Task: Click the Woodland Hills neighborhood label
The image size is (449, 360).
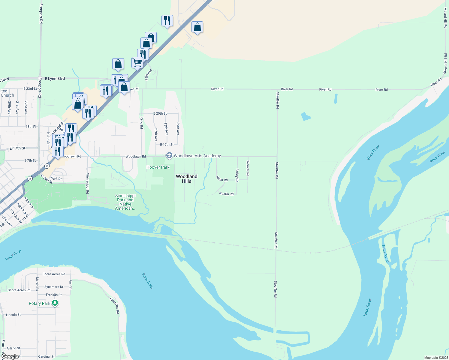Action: pyautogui.click(x=186, y=179)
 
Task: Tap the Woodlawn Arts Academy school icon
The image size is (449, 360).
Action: pyautogui.click(x=169, y=155)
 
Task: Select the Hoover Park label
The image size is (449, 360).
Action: pyautogui.click(x=158, y=167)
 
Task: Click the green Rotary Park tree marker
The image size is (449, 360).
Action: pyautogui.click(x=55, y=303)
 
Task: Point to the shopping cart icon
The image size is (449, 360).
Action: pyautogui.click(x=137, y=63)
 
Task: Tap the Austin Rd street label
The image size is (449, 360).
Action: pyautogui.click(x=226, y=194)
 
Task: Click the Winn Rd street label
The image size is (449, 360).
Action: pyautogui.click(x=222, y=179)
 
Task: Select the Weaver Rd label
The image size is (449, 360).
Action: pyautogui.click(x=248, y=168)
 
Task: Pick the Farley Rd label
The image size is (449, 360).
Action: pyautogui.click(x=237, y=175)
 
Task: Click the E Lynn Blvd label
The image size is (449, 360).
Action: pyautogui.click(x=55, y=79)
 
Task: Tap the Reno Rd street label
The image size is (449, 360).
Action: pyautogui.click(x=142, y=123)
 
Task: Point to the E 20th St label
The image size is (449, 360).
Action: pyautogui.click(x=160, y=113)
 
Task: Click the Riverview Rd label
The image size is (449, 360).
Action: pyautogui.click(x=115, y=306)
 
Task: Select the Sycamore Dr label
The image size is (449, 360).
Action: pyautogui.click(x=54, y=287)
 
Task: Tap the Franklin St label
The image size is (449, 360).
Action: pyautogui.click(x=54, y=295)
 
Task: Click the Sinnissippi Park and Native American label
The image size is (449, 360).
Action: pyautogui.click(x=125, y=202)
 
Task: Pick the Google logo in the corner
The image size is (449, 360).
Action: pyautogui.click(x=10, y=356)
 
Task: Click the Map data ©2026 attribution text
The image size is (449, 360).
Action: pyautogui.click(x=435, y=358)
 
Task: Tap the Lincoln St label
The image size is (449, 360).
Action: pyautogui.click(x=13, y=315)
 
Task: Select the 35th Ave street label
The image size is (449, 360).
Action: pyautogui.click(x=149, y=75)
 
